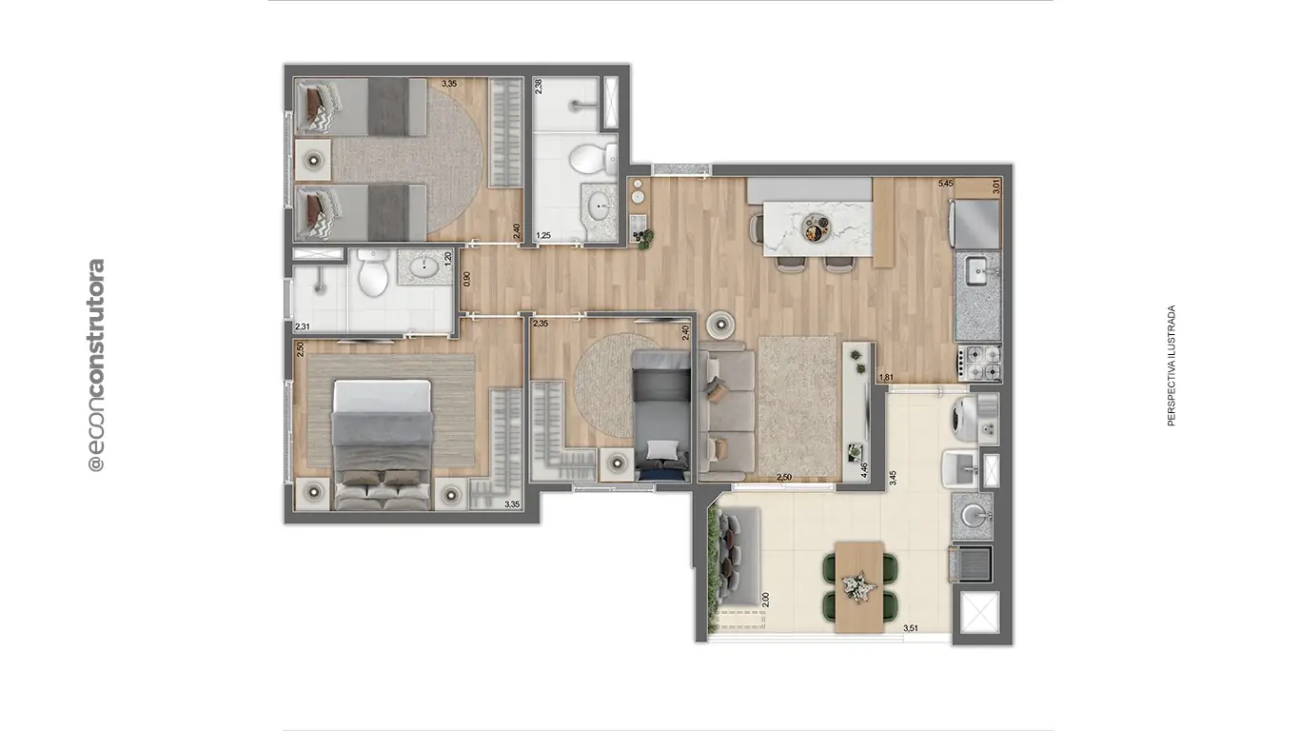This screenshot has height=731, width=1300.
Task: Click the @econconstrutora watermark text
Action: (x=95, y=365)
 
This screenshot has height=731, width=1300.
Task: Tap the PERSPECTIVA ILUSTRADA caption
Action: (x=1172, y=365)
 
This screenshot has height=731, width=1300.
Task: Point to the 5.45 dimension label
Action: (x=945, y=184)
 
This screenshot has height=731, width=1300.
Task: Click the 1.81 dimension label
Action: (x=885, y=378)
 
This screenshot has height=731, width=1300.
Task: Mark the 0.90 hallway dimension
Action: (x=466, y=280)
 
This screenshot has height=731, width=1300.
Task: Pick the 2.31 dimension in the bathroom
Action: (x=303, y=326)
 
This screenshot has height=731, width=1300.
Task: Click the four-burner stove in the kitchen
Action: (x=979, y=362)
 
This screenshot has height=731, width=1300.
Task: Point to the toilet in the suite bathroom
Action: (x=373, y=274)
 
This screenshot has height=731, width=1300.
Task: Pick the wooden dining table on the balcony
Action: (x=860, y=586)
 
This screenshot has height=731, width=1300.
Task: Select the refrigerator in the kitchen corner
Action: (x=976, y=223)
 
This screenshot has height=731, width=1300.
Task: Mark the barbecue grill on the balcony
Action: (x=972, y=563)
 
